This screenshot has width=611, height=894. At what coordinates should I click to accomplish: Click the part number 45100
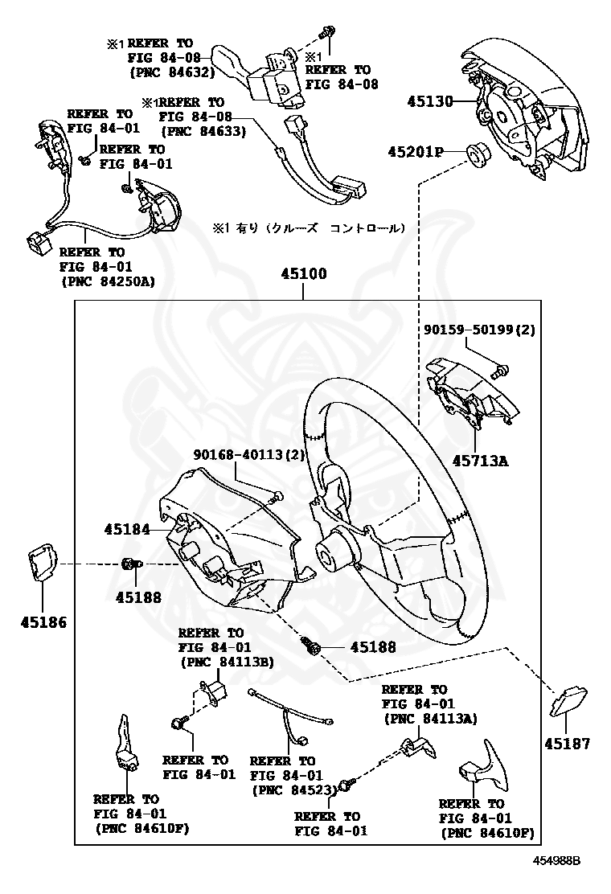[303, 273]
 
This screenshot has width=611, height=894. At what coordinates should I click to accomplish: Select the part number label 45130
[430, 101]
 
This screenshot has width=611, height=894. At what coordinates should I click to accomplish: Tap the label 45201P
[416, 151]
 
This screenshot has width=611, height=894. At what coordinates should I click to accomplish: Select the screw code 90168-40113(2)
[249, 454]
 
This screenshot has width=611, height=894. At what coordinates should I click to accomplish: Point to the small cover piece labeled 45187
[568, 701]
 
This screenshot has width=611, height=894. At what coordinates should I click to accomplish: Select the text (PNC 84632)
[170, 72]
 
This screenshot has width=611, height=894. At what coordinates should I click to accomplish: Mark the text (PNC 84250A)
[108, 281]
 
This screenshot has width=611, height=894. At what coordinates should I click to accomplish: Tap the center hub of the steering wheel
[331, 553]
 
